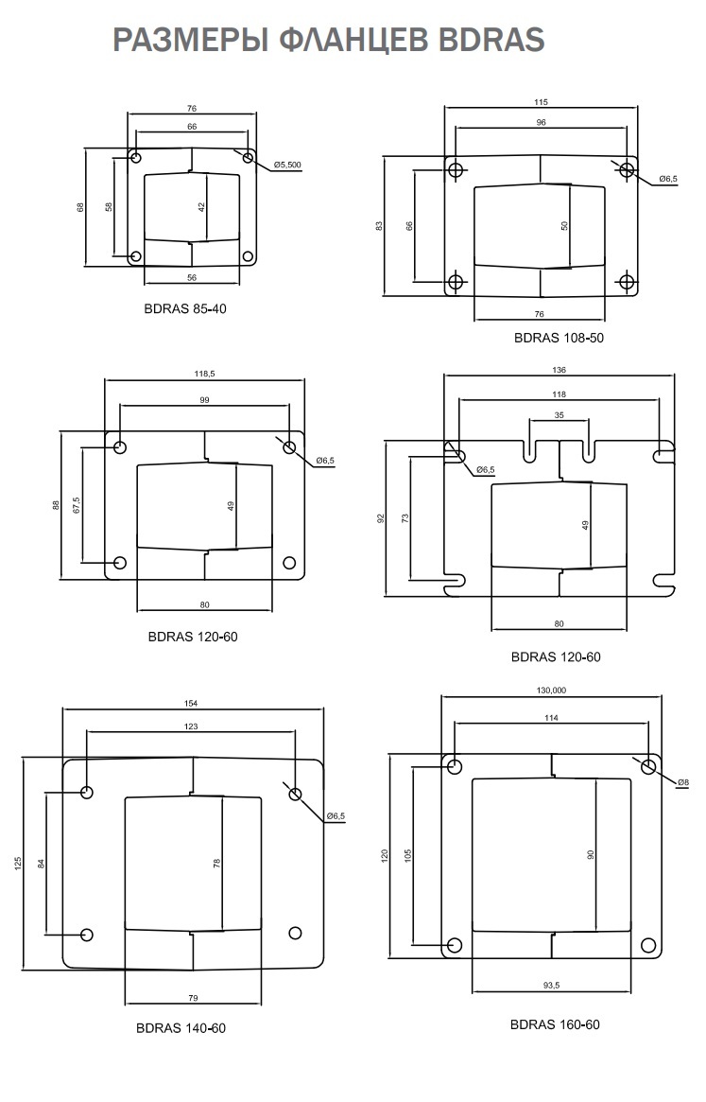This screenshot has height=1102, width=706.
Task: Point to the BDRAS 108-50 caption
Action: (559, 338)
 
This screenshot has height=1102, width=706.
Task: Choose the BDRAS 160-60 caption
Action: (555, 1024)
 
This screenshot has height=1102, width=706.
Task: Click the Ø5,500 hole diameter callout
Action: (287, 166)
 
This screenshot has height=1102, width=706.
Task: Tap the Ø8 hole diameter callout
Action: (683, 781)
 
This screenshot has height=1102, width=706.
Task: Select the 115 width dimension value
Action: (541, 102)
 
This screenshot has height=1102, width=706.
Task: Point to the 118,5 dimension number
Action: (204, 375)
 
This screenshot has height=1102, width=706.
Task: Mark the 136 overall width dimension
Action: (559, 370)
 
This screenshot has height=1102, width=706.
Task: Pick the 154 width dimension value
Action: (193, 704)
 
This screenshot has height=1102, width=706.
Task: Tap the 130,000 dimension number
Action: (551, 691)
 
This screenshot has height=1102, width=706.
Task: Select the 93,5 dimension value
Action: (551, 986)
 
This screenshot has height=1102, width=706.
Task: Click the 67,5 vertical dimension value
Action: (77, 506)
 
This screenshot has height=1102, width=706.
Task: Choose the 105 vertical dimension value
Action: (408, 855)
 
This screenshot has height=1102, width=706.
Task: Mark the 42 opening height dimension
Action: (202, 206)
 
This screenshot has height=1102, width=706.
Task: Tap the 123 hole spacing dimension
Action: (191, 726)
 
